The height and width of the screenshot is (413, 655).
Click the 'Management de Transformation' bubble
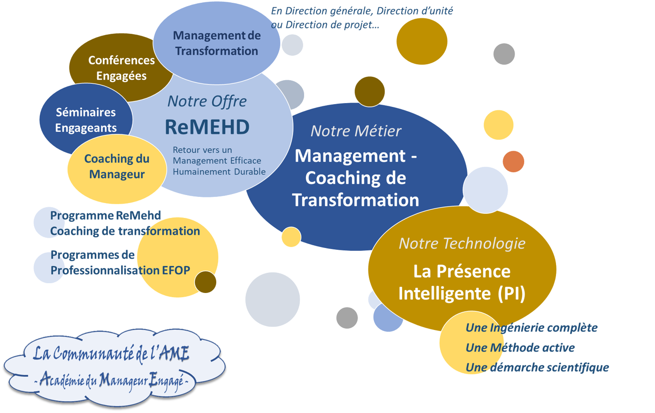pyautogui.click(x=216, y=43)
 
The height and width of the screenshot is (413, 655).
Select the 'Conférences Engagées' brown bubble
pyautogui.click(x=121, y=68)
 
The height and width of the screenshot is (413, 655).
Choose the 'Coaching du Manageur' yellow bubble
pyautogui.click(x=117, y=166)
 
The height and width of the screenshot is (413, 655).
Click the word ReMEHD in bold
pyautogui.click(x=207, y=127)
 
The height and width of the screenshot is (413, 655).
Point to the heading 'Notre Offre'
pyautogui.click(x=207, y=101)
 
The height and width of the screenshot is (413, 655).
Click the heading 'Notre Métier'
pyautogui.click(x=356, y=131)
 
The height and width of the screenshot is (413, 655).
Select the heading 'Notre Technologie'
pyautogui.click(x=462, y=243)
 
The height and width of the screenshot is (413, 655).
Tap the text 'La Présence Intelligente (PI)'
pyautogui.click(x=462, y=282)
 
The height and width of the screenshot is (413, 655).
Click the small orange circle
pyautogui.click(x=513, y=161)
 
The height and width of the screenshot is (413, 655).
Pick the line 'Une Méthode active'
pyautogui.click(x=520, y=348)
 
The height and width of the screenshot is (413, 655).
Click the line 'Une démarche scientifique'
pyautogui.click(x=537, y=368)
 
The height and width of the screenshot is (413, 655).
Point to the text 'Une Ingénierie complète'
pyautogui.click(x=531, y=328)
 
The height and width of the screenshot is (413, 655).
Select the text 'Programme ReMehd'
pyautogui.click(x=106, y=216)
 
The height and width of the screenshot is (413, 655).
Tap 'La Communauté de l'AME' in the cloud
pyautogui.click(x=111, y=353)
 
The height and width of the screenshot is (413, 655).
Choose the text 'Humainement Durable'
pyautogui.click(x=219, y=172)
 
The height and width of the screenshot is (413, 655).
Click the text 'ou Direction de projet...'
pyautogui.click(x=325, y=25)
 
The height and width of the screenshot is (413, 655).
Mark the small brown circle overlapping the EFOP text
pyautogui.click(x=206, y=282)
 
